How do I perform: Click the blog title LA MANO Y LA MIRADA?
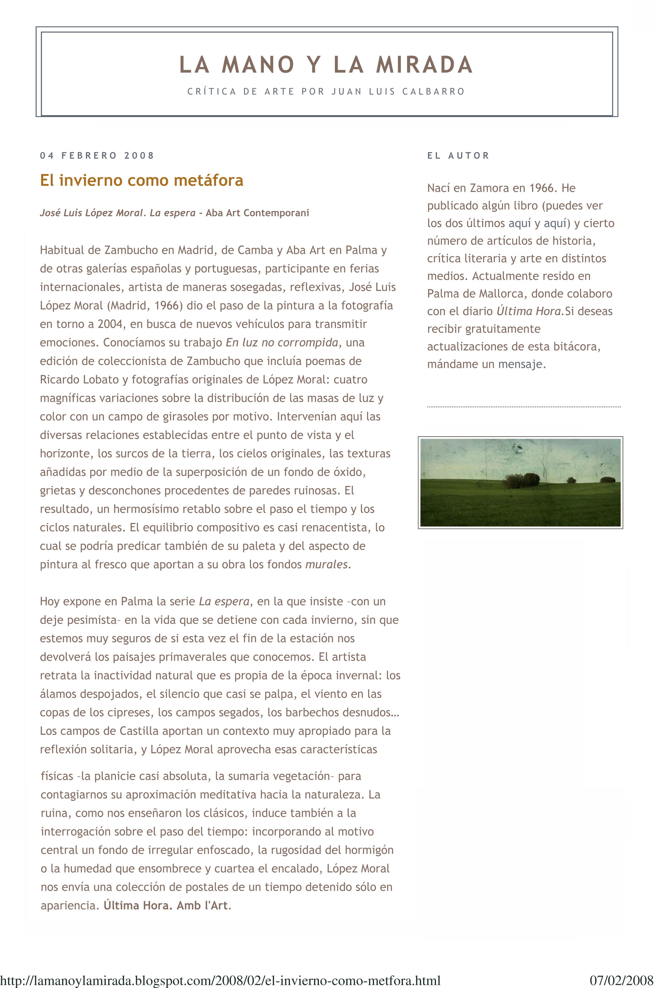[x=326, y=65]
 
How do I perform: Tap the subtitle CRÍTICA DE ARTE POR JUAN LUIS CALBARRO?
[x=326, y=91]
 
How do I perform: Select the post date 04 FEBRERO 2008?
[x=97, y=156]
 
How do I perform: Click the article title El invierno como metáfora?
[x=141, y=180]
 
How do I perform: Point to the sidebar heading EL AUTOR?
[x=458, y=156]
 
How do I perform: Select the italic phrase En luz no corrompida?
[x=282, y=343]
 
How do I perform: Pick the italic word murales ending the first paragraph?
[x=327, y=565]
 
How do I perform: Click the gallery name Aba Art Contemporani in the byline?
[x=257, y=213]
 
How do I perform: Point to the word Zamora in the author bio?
[x=489, y=188]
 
